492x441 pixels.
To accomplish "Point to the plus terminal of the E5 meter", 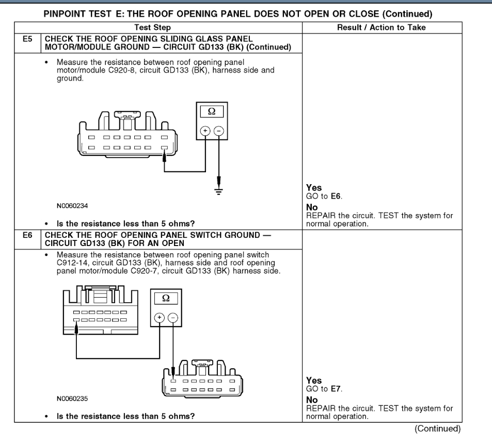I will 205,132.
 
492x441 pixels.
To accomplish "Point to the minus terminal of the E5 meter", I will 218,132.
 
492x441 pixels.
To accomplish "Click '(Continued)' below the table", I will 438,428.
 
